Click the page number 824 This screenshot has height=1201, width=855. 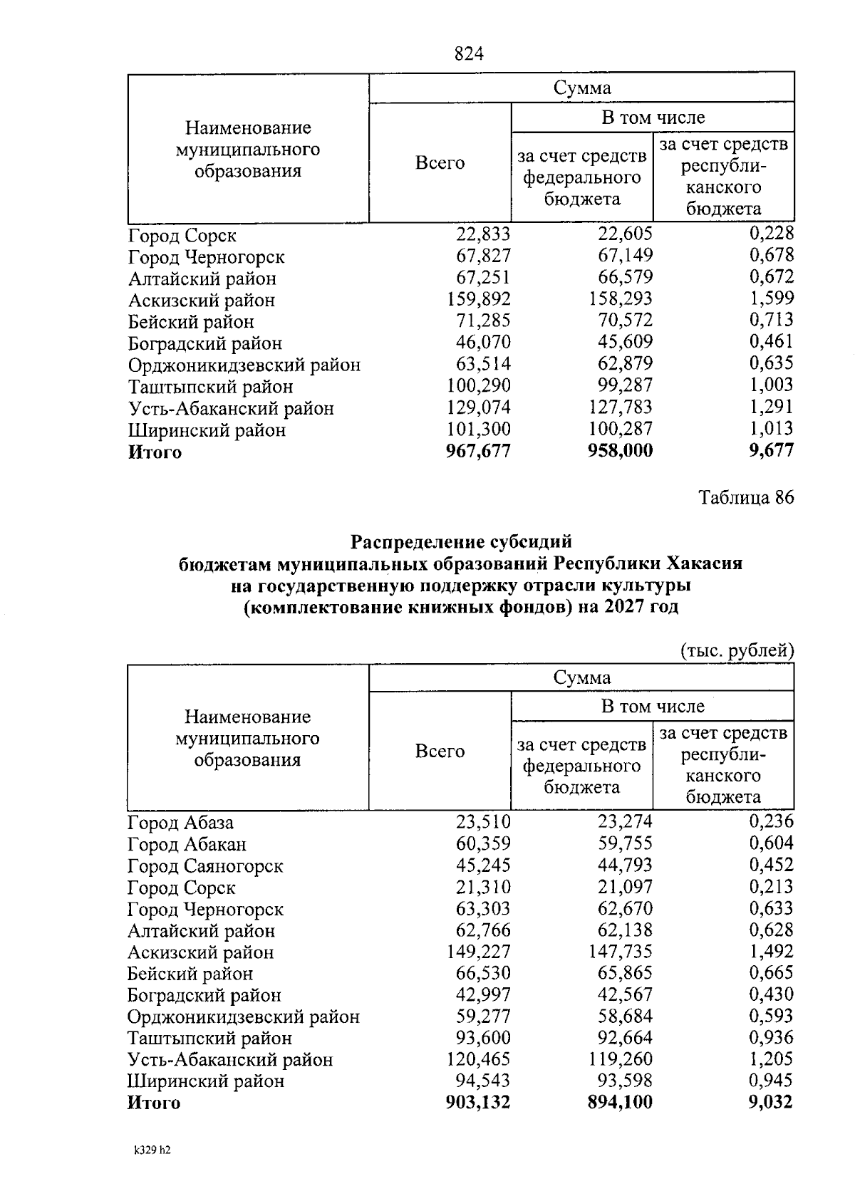tap(469, 54)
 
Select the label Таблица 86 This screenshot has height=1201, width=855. tap(746, 497)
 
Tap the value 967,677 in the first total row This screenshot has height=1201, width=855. tap(478, 451)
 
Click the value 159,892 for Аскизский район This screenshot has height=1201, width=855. tap(478, 299)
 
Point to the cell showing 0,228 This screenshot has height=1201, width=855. tap(771, 234)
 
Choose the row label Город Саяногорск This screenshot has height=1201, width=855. tap(205, 866)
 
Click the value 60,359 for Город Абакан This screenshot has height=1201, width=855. tap(483, 844)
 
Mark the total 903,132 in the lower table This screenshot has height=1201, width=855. tap(478, 1103)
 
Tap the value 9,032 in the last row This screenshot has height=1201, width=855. tap(771, 1103)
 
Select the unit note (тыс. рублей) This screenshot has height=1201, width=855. tap(737, 650)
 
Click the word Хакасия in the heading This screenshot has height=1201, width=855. tap(705, 563)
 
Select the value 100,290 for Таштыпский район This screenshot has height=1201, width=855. tap(478, 386)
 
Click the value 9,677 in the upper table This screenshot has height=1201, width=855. tap(771, 451)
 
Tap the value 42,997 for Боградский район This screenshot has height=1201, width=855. tap(483, 994)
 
